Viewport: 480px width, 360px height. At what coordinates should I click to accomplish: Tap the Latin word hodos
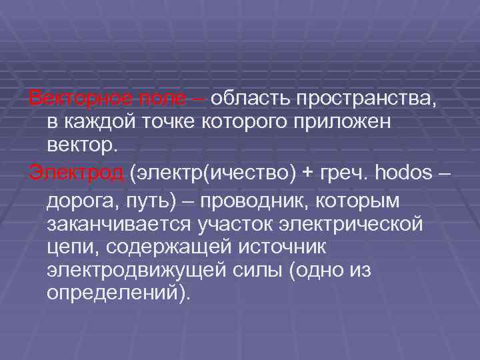[405, 173]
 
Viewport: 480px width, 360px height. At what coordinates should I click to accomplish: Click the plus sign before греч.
[307, 174]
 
